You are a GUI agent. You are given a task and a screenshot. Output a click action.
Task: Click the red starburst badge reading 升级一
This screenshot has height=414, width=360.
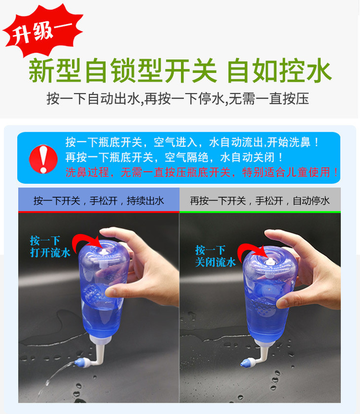(43, 31)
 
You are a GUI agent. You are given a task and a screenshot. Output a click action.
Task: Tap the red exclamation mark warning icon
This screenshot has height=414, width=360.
(43, 159)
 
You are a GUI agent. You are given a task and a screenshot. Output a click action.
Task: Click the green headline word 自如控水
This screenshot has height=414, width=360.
(279, 71)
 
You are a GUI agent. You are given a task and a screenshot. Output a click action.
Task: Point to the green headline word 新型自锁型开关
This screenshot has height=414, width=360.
(123, 71)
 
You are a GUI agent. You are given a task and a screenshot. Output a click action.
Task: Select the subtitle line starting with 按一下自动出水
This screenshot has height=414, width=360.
(178, 99)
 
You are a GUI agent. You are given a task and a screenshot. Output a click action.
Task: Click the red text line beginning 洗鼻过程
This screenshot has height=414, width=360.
(202, 172)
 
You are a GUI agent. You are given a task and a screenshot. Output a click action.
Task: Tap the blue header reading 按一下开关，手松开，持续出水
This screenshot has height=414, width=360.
(99, 201)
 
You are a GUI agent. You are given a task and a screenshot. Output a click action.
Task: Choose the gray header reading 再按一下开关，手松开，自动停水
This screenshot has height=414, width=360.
(260, 201)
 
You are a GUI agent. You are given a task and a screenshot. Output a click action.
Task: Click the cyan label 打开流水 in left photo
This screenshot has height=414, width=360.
(50, 253)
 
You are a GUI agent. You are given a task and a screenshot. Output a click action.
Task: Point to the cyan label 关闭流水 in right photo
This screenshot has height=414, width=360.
(216, 262)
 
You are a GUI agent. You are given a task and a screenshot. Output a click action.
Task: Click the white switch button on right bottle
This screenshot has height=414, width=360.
(270, 262)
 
